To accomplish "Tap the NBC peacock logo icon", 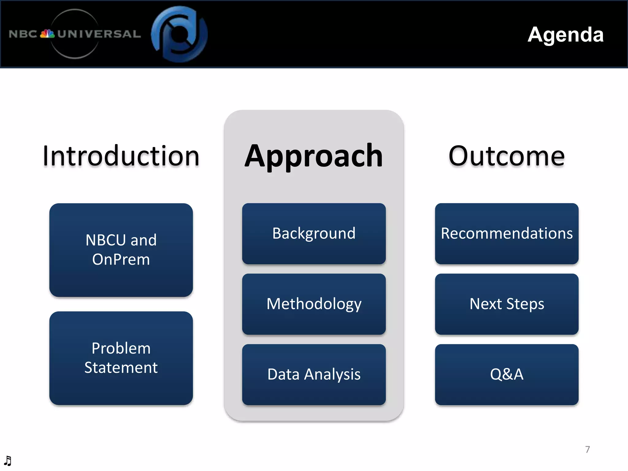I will coord(47,33).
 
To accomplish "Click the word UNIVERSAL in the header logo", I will coord(99,34).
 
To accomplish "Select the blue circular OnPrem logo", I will coord(179,34).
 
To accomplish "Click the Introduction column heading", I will coord(121,156).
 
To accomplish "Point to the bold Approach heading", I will coord(314,156).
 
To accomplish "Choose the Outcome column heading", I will coord(506,156).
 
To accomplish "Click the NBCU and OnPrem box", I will coord(121,250).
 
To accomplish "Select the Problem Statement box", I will coord(121,358).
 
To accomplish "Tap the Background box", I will coord(314,233).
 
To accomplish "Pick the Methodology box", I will coord(314,304).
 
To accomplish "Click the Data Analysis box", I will coord(314,374).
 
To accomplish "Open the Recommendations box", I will coord(507,233).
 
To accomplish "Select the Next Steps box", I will coord(507,304).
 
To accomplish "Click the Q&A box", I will coord(507,374).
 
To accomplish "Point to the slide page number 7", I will coord(587,450).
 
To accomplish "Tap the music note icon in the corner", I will coord(8,461).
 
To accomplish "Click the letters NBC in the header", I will coord(23,34).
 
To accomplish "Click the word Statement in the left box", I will coord(121,368).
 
